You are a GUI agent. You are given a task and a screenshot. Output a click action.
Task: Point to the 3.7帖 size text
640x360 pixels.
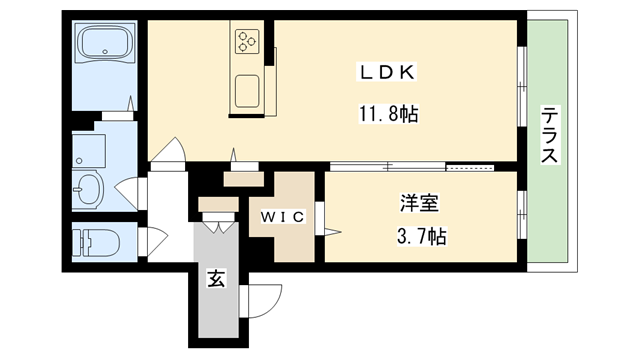click(x=418, y=238)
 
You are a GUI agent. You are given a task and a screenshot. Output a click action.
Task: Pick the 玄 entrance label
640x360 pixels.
click(x=216, y=279)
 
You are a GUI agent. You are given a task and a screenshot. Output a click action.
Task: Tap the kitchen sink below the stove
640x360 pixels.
click(x=247, y=91)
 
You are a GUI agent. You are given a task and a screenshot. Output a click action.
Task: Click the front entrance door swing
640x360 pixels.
click(x=254, y=298)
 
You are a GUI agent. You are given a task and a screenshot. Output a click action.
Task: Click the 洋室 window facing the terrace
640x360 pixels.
click(x=522, y=215)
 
